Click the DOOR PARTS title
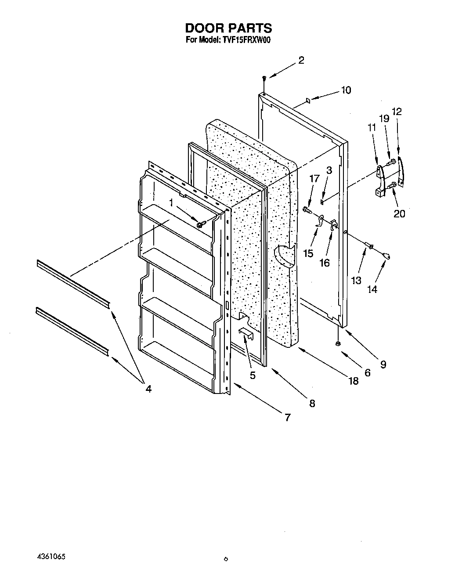click(x=228, y=28)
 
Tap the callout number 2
click(x=301, y=61)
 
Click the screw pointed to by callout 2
click(x=264, y=78)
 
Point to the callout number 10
click(x=346, y=90)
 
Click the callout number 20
click(x=400, y=213)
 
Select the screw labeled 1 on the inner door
click(x=200, y=224)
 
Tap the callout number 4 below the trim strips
click(x=148, y=388)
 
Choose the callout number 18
click(x=353, y=381)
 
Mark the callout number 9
click(x=383, y=364)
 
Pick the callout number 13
click(x=356, y=280)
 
